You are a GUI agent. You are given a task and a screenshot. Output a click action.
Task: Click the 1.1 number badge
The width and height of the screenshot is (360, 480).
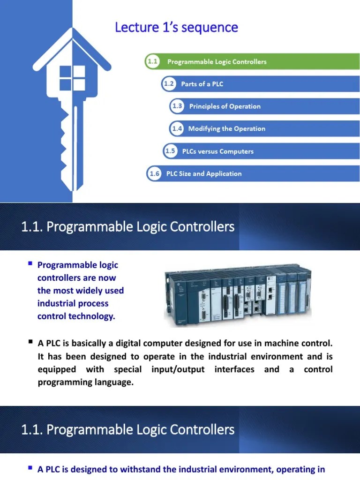click(152, 61)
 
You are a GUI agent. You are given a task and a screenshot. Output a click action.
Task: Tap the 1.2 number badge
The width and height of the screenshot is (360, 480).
click(169, 84)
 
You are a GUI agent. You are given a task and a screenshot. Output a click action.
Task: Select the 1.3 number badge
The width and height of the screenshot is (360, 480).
click(177, 106)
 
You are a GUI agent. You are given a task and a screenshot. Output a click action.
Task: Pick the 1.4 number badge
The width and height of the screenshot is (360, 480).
click(177, 128)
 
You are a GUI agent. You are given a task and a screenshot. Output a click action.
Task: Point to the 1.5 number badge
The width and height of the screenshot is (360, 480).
click(170, 151)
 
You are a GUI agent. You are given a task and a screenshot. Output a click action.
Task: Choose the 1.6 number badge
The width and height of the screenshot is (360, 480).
click(154, 173)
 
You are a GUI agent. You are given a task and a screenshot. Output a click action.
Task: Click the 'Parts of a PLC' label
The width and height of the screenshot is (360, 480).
click(202, 84)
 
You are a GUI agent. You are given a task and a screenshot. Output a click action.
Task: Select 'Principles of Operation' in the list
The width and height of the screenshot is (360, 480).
click(225, 106)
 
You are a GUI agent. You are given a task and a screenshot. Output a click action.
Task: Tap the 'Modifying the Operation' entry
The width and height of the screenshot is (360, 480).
click(226, 128)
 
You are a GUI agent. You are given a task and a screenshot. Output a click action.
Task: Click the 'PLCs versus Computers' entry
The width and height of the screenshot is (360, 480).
click(217, 151)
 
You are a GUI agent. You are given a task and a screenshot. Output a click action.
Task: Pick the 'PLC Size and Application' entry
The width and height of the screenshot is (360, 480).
click(204, 173)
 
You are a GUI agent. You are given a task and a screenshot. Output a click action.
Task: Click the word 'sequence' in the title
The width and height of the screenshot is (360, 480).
click(210, 28)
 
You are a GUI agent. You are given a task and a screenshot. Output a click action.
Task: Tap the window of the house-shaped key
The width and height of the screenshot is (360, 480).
click(72, 78)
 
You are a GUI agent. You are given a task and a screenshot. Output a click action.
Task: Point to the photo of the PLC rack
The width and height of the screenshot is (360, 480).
click(237, 296)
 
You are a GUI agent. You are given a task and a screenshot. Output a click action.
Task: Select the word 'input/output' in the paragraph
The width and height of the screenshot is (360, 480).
click(178, 369)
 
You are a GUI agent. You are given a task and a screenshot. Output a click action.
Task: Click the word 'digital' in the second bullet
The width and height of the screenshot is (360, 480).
click(120, 344)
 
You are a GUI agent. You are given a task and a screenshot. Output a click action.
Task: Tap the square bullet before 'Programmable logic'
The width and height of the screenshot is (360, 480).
click(30, 264)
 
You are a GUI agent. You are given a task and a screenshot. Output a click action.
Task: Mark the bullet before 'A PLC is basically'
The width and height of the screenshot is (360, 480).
click(30, 343)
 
